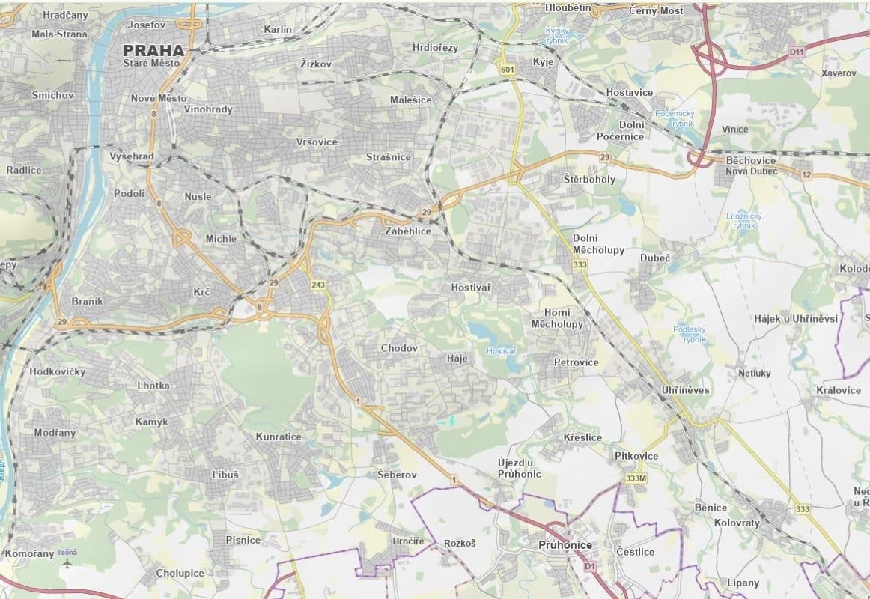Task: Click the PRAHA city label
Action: click(x=155, y=51)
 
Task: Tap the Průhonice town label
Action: click(x=565, y=545)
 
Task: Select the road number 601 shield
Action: click(x=509, y=70)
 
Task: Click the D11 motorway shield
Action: click(x=796, y=52)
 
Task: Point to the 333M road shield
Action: click(x=634, y=478)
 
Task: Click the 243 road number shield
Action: click(x=318, y=285)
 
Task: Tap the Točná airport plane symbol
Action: click(x=69, y=562)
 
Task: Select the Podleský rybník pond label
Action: click(x=690, y=334)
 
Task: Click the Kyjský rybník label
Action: click(x=557, y=35)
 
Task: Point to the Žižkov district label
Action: click(x=315, y=64)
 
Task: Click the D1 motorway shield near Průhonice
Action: click(x=589, y=567)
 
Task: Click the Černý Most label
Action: click(x=656, y=10)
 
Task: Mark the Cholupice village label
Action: click(x=180, y=573)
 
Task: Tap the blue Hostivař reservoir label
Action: click(x=501, y=351)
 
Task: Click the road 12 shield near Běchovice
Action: click(x=806, y=174)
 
